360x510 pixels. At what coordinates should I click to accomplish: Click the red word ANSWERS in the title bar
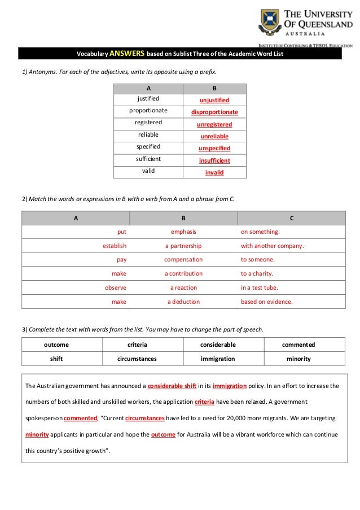pyautogui.click(x=127, y=54)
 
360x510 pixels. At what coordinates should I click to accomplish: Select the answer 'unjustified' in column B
pyautogui.click(x=214, y=100)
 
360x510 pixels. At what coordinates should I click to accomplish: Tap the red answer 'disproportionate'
pyautogui.click(x=214, y=112)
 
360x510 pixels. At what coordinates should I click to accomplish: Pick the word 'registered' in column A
pyautogui.click(x=148, y=122)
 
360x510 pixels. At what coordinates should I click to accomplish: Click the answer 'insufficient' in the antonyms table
pyautogui.click(x=214, y=160)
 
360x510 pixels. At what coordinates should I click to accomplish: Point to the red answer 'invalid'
pyautogui.click(x=214, y=172)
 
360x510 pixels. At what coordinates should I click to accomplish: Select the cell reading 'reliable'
pyautogui.click(x=148, y=134)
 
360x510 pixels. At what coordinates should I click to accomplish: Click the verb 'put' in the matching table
pyautogui.click(x=122, y=232)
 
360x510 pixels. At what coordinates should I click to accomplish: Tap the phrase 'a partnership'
pyautogui.click(x=183, y=246)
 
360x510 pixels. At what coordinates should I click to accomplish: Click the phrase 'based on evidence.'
pyautogui.click(x=267, y=302)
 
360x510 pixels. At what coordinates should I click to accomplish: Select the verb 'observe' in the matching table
pyautogui.click(x=116, y=287)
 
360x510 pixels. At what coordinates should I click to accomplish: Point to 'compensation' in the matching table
pyautogui.click(x=183, y=260)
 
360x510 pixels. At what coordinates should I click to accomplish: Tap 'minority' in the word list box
pyautogui.click(x=299, y=359)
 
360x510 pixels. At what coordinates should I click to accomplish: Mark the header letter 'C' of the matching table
pyautogui.click(x=291, y=218)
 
